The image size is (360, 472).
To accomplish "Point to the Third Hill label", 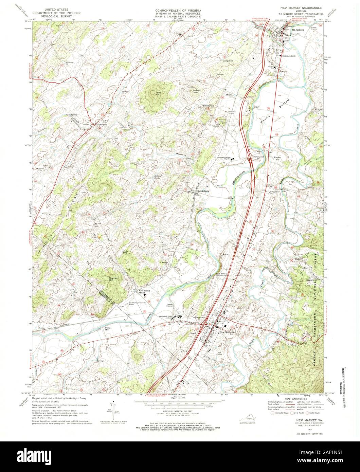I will click(x=157, y=94).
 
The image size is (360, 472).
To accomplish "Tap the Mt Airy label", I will click(x=318, y=109).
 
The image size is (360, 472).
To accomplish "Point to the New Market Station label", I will click(x=144, y=292).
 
